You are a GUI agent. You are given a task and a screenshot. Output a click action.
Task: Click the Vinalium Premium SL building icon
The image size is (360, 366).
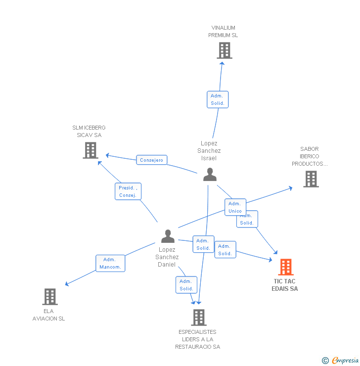(224, 50)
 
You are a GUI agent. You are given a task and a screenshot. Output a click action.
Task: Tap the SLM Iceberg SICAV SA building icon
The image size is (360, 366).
(90, 150)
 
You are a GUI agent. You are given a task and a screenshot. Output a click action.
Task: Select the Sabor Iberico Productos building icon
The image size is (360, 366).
(311, 179)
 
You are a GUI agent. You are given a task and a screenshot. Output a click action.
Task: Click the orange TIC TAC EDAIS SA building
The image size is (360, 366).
(285, 267)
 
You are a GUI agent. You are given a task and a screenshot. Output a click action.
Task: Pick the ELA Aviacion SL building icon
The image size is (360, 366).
(49, 297)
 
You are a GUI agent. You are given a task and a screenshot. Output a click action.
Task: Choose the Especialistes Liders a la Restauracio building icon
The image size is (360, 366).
(198, 318)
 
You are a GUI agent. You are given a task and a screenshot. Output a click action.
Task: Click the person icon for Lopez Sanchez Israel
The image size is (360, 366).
(210, 175)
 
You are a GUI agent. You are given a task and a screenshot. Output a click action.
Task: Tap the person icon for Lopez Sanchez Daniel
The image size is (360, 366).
(168, 236)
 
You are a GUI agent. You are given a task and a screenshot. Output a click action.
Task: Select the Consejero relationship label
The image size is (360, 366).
(151, 160)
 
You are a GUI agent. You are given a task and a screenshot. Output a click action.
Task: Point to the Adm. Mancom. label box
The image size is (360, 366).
(110, 263)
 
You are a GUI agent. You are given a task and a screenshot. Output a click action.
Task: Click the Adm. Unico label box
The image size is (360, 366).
(235, 207)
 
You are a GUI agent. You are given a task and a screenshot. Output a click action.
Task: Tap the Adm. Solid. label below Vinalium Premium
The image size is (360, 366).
(218, 99)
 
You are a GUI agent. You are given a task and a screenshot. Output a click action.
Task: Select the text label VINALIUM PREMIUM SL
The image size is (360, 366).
(223, 32)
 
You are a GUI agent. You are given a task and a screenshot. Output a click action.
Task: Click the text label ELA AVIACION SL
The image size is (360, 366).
(48, 315)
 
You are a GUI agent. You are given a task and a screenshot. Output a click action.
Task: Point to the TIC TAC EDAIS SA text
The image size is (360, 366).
(285, 285)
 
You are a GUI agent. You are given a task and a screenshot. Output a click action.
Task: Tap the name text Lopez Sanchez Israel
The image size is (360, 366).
(209, 151)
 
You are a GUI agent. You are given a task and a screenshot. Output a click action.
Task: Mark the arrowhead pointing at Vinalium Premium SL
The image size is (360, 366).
(223, 62)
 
